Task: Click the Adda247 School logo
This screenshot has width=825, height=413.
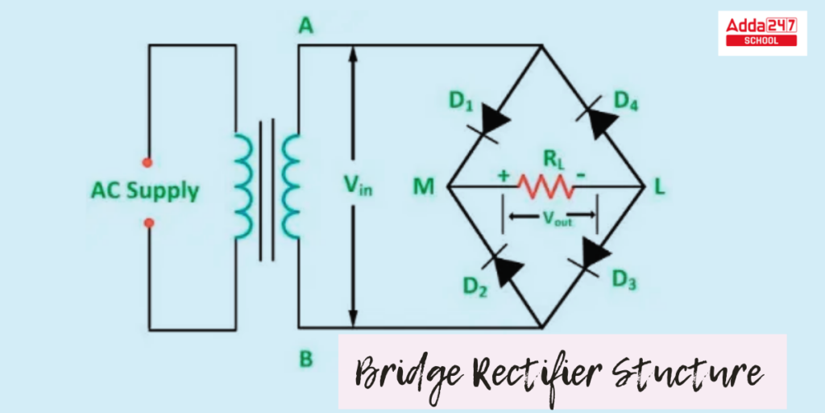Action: (x=761, y=32)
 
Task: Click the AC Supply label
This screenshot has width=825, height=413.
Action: (x=145, y=191)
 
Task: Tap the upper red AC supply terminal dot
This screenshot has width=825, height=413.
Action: (x=147, y=161)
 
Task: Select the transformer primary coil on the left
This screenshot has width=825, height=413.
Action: (x=241, y=186)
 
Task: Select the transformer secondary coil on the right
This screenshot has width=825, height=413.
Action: (x=291, y=186)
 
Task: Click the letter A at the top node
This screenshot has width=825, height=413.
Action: (x=306, y=27)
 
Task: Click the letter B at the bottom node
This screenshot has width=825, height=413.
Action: (x=306, y=359)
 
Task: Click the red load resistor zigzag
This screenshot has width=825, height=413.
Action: (x=546, y=186)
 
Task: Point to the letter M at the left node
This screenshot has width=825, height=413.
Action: (x=423, y=187)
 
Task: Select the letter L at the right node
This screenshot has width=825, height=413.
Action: (x=660, y=187)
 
